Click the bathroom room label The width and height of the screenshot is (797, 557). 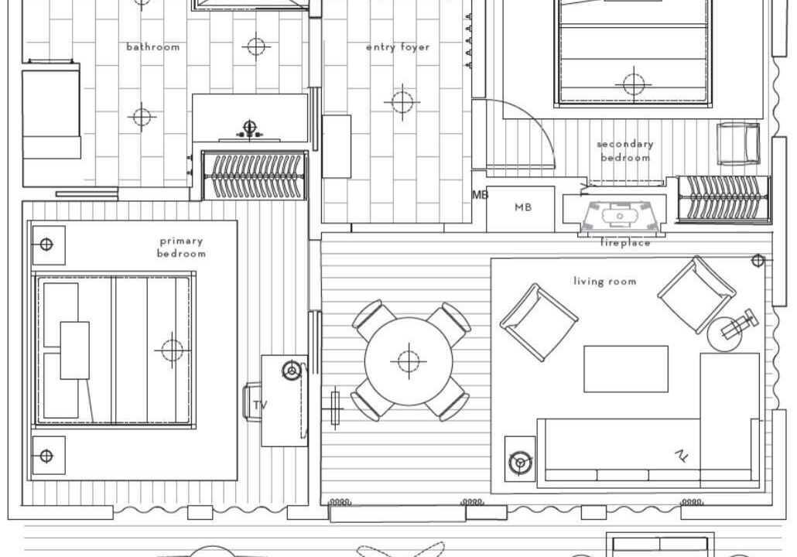tap(153, 46)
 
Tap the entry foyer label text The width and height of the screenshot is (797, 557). tap(398, 47)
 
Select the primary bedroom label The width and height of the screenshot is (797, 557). tap(182, 247)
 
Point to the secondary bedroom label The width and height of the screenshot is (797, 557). tap(625, 151)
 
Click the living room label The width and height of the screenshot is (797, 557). tap(605, 281)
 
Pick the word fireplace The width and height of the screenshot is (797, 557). tap(625, 243)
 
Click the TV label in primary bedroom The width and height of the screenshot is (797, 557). tap(260, 405)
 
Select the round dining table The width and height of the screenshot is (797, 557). tap(409, 361)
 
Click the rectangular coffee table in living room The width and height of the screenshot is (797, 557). tap(626, 369)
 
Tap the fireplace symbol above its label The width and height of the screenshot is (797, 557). tap(620, 217)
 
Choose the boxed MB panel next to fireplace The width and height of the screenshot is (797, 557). tap(521, 209)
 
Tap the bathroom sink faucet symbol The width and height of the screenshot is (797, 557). tap(249, 128)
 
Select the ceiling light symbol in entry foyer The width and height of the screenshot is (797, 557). tap(402, 102)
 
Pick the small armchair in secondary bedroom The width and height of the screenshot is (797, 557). tap(738, 145)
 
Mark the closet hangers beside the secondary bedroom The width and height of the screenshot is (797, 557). tap(723, 200)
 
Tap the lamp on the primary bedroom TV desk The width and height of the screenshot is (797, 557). tap(291, 371)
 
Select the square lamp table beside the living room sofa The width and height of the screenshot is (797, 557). tap(520, 459)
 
